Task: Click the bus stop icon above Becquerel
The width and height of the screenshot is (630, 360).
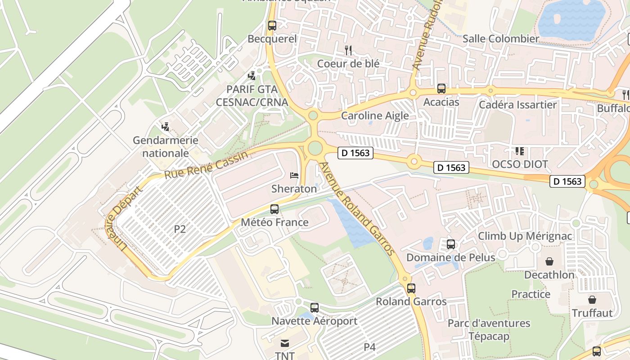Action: click(x=272, y=26)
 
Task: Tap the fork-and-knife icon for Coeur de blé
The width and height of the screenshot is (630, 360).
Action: click(x=347, y=50)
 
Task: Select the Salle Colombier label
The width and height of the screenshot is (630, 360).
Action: click(x=500, y=39)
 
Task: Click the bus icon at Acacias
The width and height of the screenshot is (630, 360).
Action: click(x=441, y=89)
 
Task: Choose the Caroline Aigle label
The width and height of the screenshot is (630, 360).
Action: click(x=375, y=116)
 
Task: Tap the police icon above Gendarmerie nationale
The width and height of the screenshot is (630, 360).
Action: click(x=166, y=127)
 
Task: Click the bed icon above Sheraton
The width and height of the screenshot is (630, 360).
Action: click(x=294, y=175)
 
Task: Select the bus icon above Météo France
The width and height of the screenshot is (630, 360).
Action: click(x=274, y=209)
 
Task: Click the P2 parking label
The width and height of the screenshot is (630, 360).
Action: click(x=180, y=229)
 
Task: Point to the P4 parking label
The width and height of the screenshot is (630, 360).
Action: click(x=369, y=347)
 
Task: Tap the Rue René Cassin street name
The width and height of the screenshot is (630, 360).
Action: click(x=206, y=166)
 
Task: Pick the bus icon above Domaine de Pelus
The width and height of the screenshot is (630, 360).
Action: click(x=450, y=244)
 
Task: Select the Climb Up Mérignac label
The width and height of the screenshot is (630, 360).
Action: click(x=525, y=236)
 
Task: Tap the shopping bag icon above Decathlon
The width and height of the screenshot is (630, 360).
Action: click(x=549, y=261)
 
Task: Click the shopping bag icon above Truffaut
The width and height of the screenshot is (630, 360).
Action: click(x=592, y=300)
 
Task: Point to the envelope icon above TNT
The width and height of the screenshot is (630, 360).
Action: click(x=284, y=343)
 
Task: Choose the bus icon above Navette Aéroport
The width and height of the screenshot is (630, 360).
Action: click(x=314, y=308)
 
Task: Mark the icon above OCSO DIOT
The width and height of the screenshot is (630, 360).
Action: click(x=520, y=151)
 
